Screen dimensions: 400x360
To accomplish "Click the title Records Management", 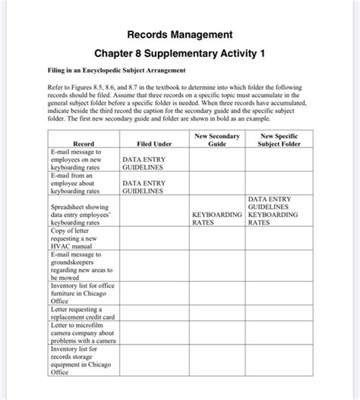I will pyautogui.click(x=180, y=35).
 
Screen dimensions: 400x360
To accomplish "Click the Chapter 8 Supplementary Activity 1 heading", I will pyautogui.click(x=180, y=55).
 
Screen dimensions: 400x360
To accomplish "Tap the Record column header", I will pyautogui.click(x=83, y=143).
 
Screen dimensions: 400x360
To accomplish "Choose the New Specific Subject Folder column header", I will pyautogui.click(x=273, y=139).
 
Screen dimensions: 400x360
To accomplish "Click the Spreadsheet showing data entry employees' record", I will pyautogui.click(x=81, y=215).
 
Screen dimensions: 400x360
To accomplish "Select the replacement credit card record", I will pyautogui.click(x=81, y=314).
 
